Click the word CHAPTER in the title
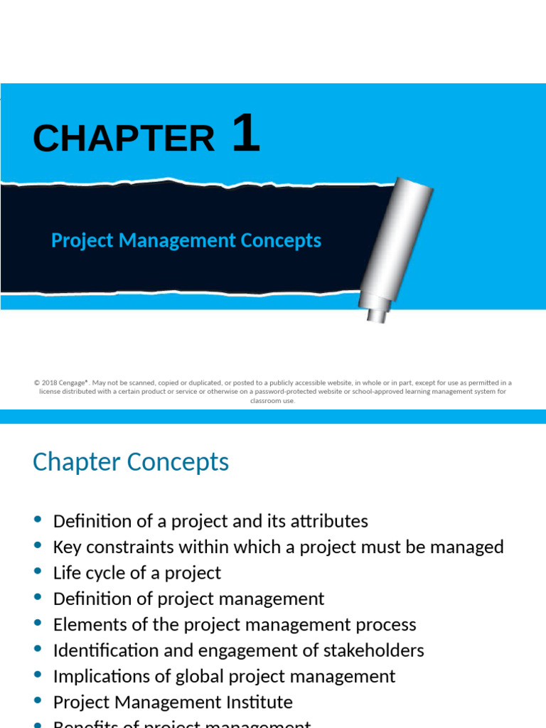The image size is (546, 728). (124, 138)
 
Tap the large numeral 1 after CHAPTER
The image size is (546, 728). (246, 134)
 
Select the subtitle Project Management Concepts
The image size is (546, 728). (186, 240)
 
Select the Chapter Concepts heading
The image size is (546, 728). (131, 462)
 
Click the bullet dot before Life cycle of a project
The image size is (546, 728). (38, 571)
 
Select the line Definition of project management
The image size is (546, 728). (188, 599)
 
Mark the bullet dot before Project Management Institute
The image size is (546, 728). (38, 700)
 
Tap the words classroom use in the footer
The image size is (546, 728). (272, 400)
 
